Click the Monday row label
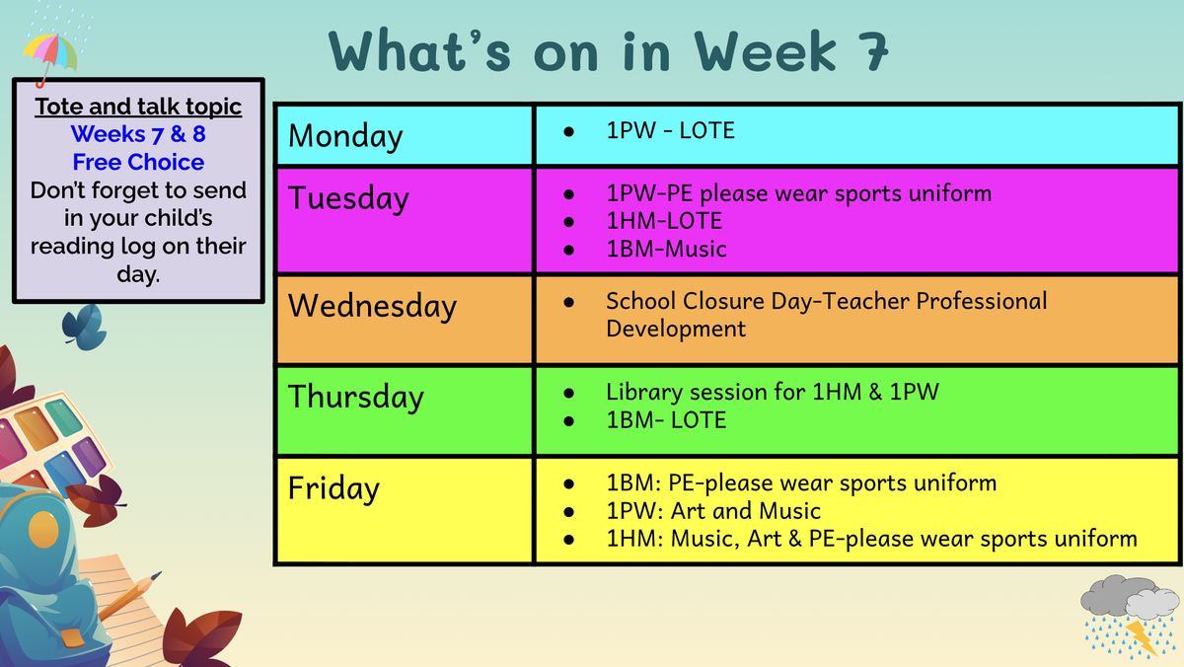pos(345,136)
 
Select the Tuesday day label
pos(348,199)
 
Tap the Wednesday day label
pos(372,306)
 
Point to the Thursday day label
pos(356,397)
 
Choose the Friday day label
pos(333,488)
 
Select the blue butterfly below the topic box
pos(85,328)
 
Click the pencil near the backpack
pos(129,596)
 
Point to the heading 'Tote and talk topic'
pos(138,107)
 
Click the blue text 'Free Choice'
pos(138,162)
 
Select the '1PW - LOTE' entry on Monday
pos(670,130)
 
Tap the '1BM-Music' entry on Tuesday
pos(666,249)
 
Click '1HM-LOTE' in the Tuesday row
pos(664,221)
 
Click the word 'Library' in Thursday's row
pos(643,393)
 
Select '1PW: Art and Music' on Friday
pos(713,511)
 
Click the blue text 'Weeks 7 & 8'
pos(138,134)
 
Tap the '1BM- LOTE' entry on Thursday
pos(666,420)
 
